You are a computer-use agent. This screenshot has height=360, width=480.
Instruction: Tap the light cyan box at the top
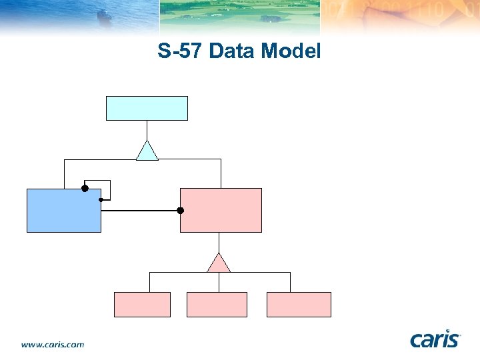click(147, 108)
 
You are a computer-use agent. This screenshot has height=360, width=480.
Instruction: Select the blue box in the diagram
click(63, 210)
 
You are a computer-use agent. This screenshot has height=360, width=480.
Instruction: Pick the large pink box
click(221, 210)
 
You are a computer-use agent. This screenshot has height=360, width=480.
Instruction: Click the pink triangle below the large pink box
click(219, 264)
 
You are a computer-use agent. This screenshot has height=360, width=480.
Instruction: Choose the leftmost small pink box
click(142, 304)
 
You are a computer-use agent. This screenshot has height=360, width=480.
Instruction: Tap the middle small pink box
click(217, 304)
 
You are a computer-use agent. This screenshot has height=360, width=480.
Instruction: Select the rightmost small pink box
click(299, 304)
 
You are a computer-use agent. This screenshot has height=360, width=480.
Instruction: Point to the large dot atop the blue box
click(85, 189)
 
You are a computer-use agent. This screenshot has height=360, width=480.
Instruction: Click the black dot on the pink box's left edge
click(180, 211)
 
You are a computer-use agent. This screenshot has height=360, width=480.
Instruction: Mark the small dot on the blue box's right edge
click(101, 199)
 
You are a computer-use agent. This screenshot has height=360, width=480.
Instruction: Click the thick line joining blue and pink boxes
click(140, 211)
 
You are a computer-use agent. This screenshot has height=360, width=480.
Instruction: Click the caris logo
click(435, 339)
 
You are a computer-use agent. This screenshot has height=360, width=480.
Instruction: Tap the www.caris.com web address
click(53, 345)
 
